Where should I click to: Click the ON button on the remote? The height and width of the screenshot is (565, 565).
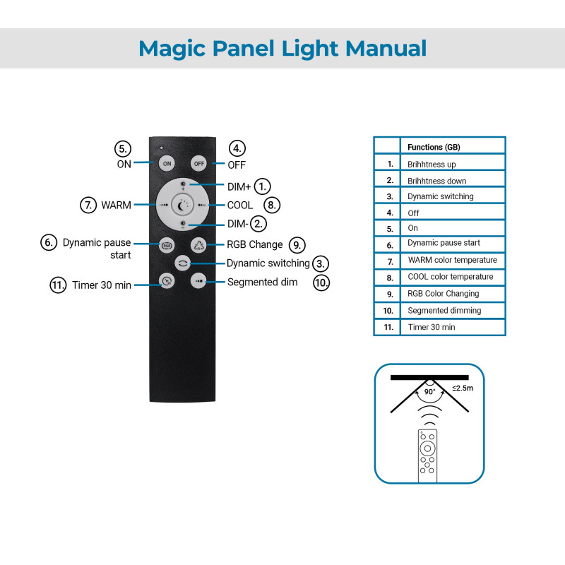[x=167, y=163]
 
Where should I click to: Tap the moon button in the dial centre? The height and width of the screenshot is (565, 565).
[x=183, y=205]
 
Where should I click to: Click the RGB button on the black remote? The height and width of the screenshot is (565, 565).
[x=167, y=245]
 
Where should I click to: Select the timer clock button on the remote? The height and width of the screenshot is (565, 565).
[x=167, y=280]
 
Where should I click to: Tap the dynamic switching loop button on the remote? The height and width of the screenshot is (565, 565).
[x=183, y=263]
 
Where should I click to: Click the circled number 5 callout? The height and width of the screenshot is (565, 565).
[x=124, y=149]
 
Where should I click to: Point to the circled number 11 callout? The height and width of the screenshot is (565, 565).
[x=58, y=285]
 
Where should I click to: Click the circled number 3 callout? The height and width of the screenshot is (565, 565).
[x=321, y=263]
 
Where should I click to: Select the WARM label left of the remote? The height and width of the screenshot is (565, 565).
[x=116, y=205]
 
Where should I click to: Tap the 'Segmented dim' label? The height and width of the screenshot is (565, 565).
[x=262, y=282]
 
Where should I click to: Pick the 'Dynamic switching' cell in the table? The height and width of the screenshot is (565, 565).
[x=441, y=196]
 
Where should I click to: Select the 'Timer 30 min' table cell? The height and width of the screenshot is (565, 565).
[x=432, y=327]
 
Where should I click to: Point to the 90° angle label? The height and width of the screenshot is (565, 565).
[x=429, y=391]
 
